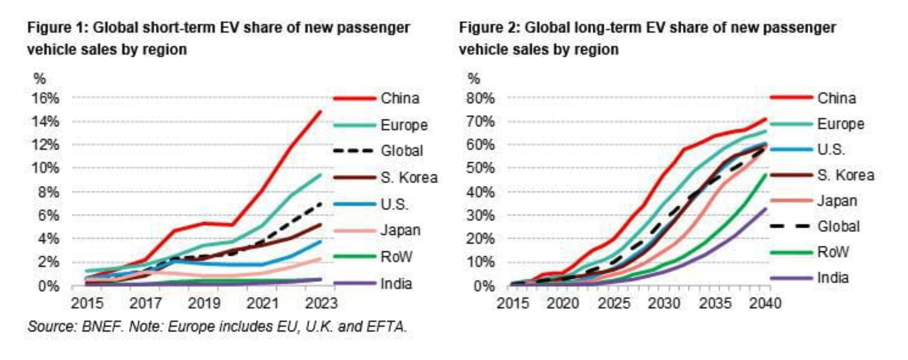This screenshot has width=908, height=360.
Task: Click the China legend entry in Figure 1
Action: tap(400, 98)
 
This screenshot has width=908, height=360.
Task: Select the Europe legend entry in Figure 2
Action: tap(841, 124)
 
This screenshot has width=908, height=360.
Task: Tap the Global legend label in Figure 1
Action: tap(402, 150)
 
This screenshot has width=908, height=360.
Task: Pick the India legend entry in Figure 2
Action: tap(833, 277)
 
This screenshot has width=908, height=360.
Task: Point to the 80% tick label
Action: tap(480, 98)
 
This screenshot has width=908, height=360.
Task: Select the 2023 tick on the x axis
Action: tap(321, 303)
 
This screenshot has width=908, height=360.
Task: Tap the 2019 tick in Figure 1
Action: tap(204, 303)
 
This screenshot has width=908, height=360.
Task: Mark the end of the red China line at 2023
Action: tap(321, 111)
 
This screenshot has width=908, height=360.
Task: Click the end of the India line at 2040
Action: tap(766, 208)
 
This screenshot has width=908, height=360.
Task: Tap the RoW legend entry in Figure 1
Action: tap(396, 256)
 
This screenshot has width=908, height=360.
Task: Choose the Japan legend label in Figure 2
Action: tap(837, 201)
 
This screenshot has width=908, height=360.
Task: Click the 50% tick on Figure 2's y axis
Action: tap(480, 168)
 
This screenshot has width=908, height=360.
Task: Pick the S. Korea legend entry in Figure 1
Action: tap(409, 177)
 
